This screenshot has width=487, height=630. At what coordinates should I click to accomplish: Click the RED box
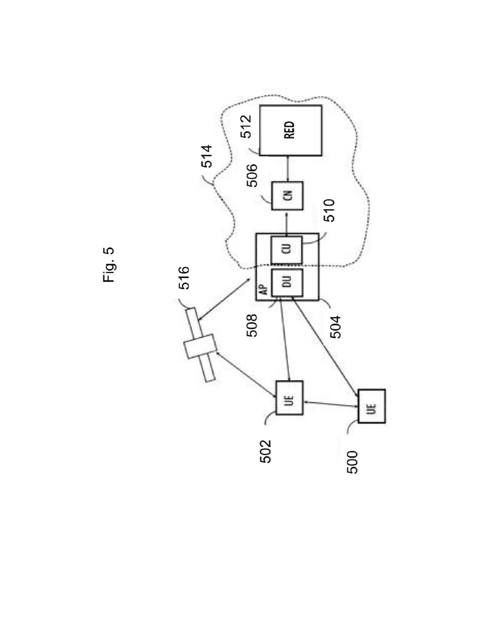tap(290, 131)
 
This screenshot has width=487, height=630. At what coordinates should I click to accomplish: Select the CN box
tap(287, 196)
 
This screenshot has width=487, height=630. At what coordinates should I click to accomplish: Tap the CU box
tap(287, 250)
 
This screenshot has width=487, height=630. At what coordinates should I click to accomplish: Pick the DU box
tap(287, 283)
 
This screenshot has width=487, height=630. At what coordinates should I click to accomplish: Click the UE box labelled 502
tap(289, 398)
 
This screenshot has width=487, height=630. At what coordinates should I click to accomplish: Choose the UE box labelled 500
tap(372, 406)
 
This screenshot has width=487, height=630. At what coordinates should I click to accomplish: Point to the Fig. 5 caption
tap(108, 265)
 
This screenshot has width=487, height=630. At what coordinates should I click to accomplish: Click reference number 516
tap(184, 278)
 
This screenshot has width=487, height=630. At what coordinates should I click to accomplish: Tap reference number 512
tap(246, 126)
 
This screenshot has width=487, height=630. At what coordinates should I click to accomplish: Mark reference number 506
tap(252, 176)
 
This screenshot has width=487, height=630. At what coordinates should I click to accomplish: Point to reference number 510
tap(329, 211)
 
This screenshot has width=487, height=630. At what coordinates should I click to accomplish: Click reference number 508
tap(252, 325)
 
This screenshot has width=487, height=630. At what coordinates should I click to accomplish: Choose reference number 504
tap(335, 327)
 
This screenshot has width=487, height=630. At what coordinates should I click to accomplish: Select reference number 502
tap(266, 451)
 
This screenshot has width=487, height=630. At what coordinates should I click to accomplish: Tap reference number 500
tap(353, 462)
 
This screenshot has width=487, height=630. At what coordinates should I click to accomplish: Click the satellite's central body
tap(200, 346)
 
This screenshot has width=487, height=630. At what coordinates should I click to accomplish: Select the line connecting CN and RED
tap(287, 169)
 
